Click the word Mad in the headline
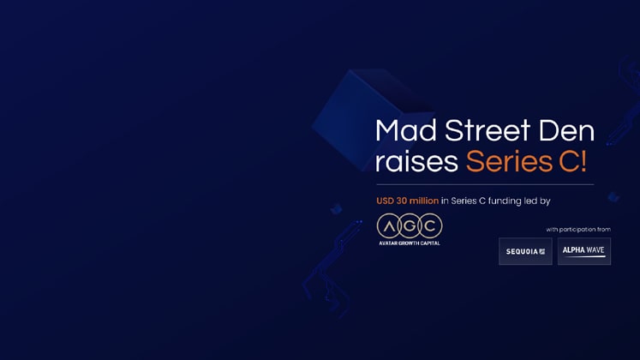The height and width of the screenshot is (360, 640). click(406, 130)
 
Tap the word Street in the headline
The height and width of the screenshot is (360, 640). click(487, 130)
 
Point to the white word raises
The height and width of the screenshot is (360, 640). click(416, 161)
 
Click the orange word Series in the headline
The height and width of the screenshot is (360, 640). click(510, 161)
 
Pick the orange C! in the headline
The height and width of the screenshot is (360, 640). click(572, 161)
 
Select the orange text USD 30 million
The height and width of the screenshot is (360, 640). click(407, 201)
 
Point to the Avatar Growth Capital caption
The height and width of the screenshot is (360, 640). click(410, 243)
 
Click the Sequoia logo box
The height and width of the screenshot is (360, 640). click(525, 251)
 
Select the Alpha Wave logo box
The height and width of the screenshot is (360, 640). click(584, 251)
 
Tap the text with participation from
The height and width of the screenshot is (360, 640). click(578, 230)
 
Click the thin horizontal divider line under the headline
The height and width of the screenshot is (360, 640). click(485, 184)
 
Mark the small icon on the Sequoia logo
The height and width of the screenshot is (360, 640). click(542, 252)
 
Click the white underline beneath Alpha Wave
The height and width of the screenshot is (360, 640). click(585, 257)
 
